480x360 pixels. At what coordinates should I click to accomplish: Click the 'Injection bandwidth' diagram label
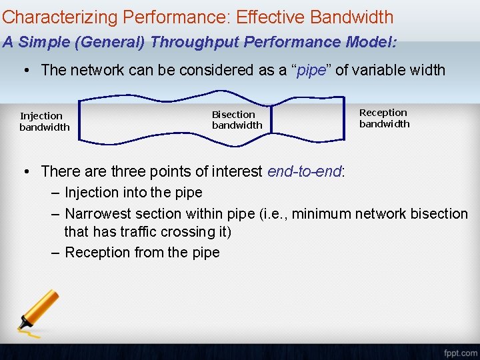pos(44,121)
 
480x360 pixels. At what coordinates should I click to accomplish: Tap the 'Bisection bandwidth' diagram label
pos(237,120)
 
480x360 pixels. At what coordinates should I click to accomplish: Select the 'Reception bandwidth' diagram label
pos(384,118)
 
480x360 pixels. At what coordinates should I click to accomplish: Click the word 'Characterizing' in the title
pos(50,17)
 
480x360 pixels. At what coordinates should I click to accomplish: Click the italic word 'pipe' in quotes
pos(311,70)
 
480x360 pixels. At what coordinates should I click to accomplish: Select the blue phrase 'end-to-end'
pos(304,171)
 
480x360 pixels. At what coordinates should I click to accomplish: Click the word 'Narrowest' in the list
pos(98,214)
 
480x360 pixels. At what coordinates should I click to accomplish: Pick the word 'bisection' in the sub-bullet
pos(438,214)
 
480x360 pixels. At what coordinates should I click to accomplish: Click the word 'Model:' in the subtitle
pos(371,43)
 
